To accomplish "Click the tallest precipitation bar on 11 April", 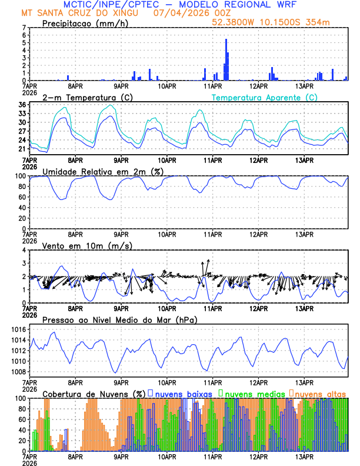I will tap(226, 59).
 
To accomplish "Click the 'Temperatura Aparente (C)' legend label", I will tap(264, 97).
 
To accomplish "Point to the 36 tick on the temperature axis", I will tap(22, 105).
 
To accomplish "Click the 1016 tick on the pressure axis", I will tap(18, 329).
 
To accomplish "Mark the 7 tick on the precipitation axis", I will tap(24, 28).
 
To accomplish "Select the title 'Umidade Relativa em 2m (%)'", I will tap(103, 171).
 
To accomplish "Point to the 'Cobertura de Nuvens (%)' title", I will tap(94, 393).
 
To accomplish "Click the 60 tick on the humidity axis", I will tap(22, 197).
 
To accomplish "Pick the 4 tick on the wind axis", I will tap(24, 250).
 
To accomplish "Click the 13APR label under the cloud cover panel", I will tap(304, 456).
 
